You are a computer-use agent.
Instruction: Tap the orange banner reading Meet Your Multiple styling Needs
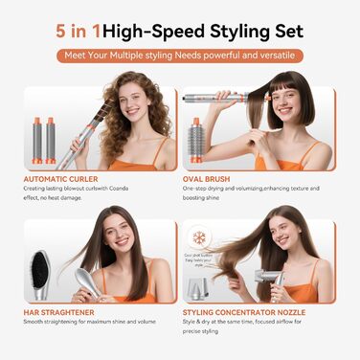180,56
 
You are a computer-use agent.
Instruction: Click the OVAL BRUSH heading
213,178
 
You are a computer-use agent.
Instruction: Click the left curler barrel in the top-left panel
34,139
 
